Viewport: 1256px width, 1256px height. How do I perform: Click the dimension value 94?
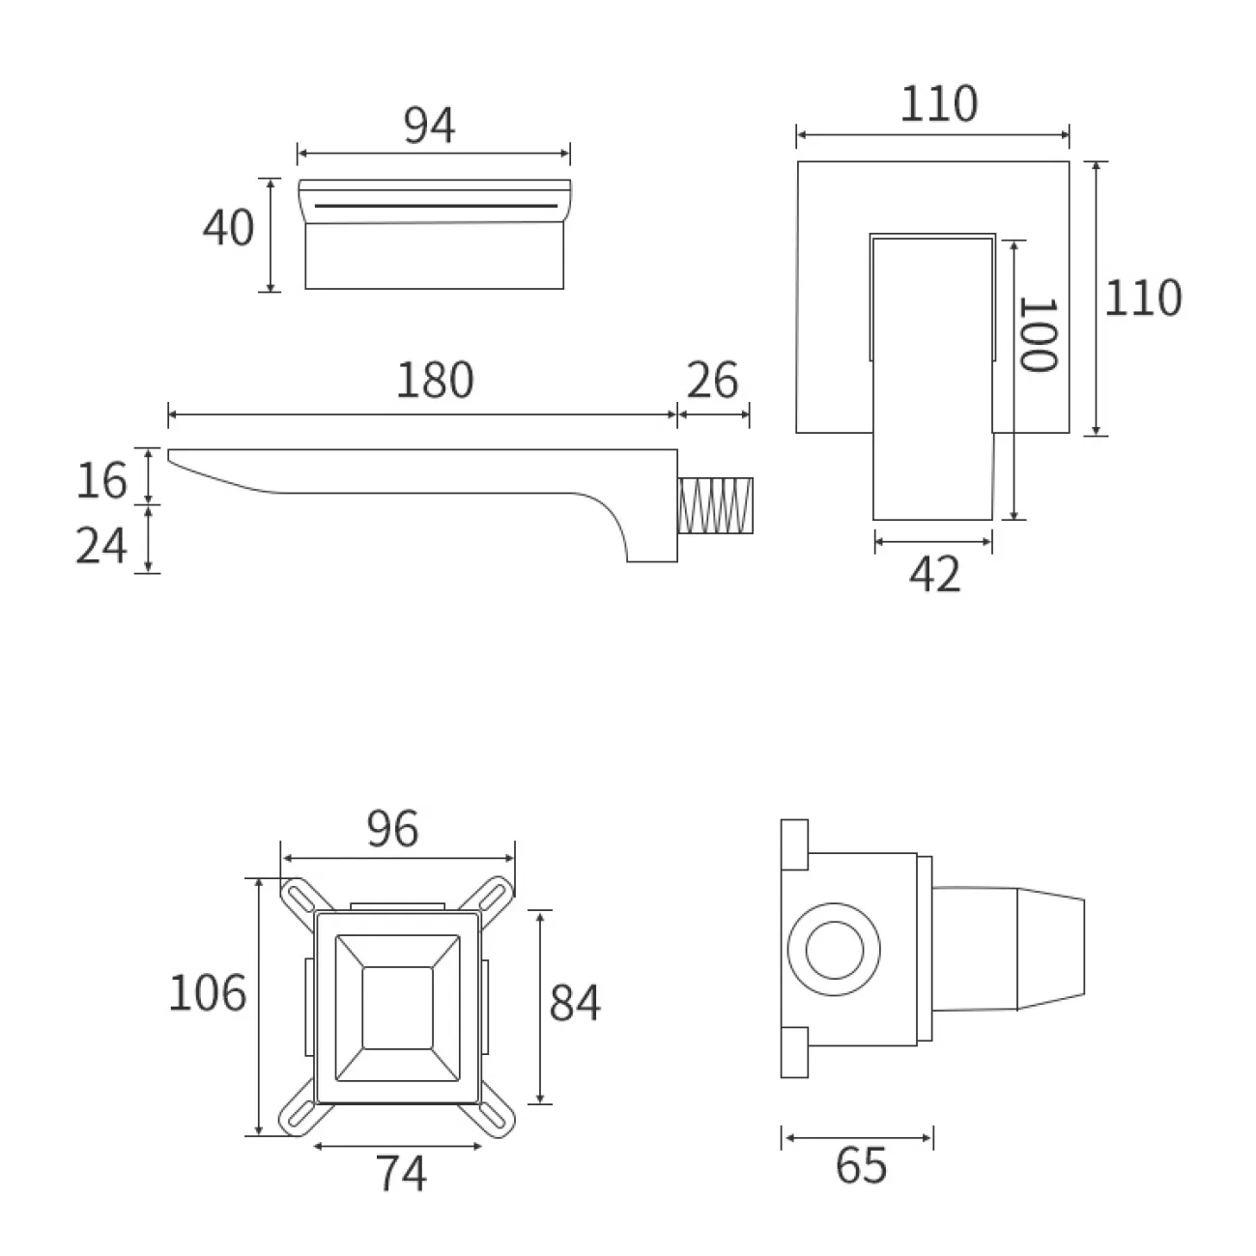[430, 126]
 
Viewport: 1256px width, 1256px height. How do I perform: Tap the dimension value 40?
[229, 228]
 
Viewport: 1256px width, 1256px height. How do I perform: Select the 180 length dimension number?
[435, 381]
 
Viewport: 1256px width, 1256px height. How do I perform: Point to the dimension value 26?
[713, 381]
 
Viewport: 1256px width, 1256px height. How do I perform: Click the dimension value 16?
[102, 479]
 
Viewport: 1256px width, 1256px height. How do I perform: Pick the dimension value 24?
[102, 546]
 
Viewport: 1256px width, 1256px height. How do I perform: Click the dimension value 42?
[935, 576]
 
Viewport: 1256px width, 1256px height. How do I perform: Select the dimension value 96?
[393, 829]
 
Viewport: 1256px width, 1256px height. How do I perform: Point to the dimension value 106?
[208, 992]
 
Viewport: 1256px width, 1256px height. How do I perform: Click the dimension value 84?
[575, 1003]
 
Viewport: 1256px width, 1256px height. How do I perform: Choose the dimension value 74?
[401, 1175]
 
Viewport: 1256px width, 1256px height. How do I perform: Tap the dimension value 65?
[862, 1166]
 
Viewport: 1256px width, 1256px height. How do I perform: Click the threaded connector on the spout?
[715, 505]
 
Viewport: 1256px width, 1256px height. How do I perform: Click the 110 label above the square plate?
[939, 104]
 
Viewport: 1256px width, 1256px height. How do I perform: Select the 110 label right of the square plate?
[1143, 298]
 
